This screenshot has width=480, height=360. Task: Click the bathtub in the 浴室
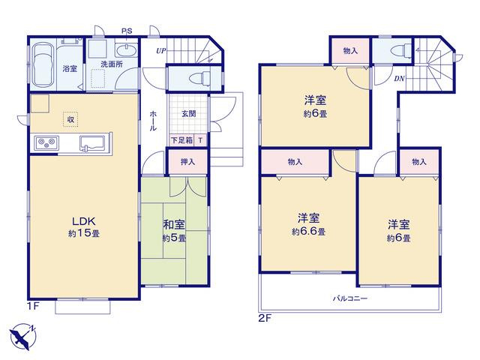43,65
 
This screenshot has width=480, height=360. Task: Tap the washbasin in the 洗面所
126,50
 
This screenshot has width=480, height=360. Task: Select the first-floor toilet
199,78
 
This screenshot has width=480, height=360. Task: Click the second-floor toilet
403,50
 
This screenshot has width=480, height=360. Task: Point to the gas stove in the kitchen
46,142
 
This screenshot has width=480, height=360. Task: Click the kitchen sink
94,142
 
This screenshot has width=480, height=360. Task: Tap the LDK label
83,220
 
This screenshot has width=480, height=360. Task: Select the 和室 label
174,224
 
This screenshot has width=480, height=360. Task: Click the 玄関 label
189,113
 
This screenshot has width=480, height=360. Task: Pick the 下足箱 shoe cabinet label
181,140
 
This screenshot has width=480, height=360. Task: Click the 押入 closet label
187,162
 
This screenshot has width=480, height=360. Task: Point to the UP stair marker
161,51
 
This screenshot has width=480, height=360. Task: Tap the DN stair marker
399,79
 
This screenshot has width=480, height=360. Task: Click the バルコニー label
350,298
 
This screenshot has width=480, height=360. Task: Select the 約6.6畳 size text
308,232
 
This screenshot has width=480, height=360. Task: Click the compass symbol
23,337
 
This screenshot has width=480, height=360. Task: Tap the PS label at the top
127,31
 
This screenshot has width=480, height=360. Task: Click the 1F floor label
34,306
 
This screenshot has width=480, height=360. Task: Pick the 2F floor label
265,318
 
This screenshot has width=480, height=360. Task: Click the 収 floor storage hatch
70,119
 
